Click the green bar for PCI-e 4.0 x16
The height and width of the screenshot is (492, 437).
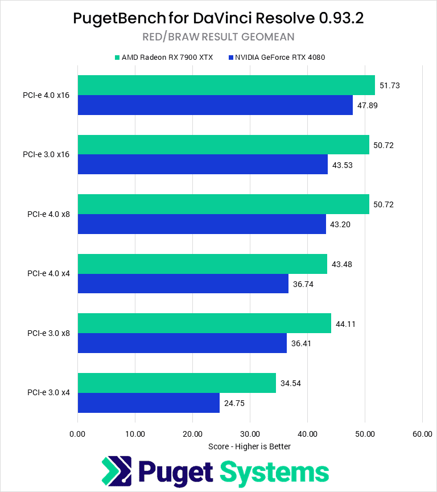click(x=226, y=85)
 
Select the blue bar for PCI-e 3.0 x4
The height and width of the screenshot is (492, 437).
click(x=149, y=403)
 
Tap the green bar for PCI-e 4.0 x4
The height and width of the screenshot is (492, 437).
click(x=202, y=264)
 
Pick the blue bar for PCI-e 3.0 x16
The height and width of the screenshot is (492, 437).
click(x=203, y=165)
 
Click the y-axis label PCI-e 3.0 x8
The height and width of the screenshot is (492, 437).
click(x=48, y=333)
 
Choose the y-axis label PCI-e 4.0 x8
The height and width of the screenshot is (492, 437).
click(x=48, y=214)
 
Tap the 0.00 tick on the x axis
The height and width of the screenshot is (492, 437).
click(x=77, y=434)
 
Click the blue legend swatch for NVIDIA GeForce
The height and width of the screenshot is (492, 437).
click(x=231, y=58)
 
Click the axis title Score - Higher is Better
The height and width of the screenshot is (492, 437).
click(x=249, y=446)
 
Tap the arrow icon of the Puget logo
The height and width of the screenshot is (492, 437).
click(x=117, y=472)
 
